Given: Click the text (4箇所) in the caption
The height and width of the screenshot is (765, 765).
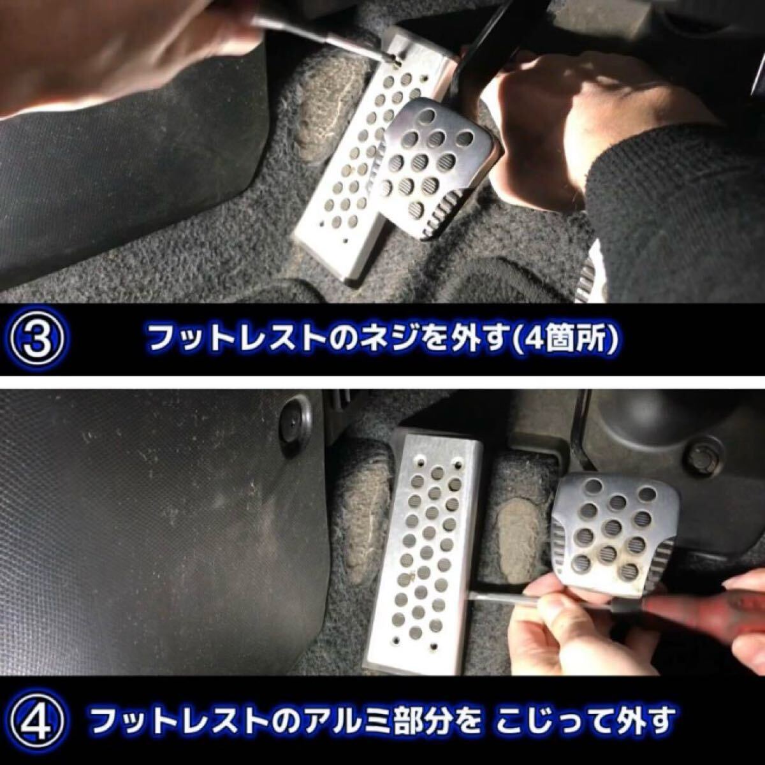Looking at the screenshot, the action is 562,340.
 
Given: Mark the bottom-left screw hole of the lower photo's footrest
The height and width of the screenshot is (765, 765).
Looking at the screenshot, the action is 397,639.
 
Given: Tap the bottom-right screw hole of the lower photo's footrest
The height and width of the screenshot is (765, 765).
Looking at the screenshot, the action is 434,646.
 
